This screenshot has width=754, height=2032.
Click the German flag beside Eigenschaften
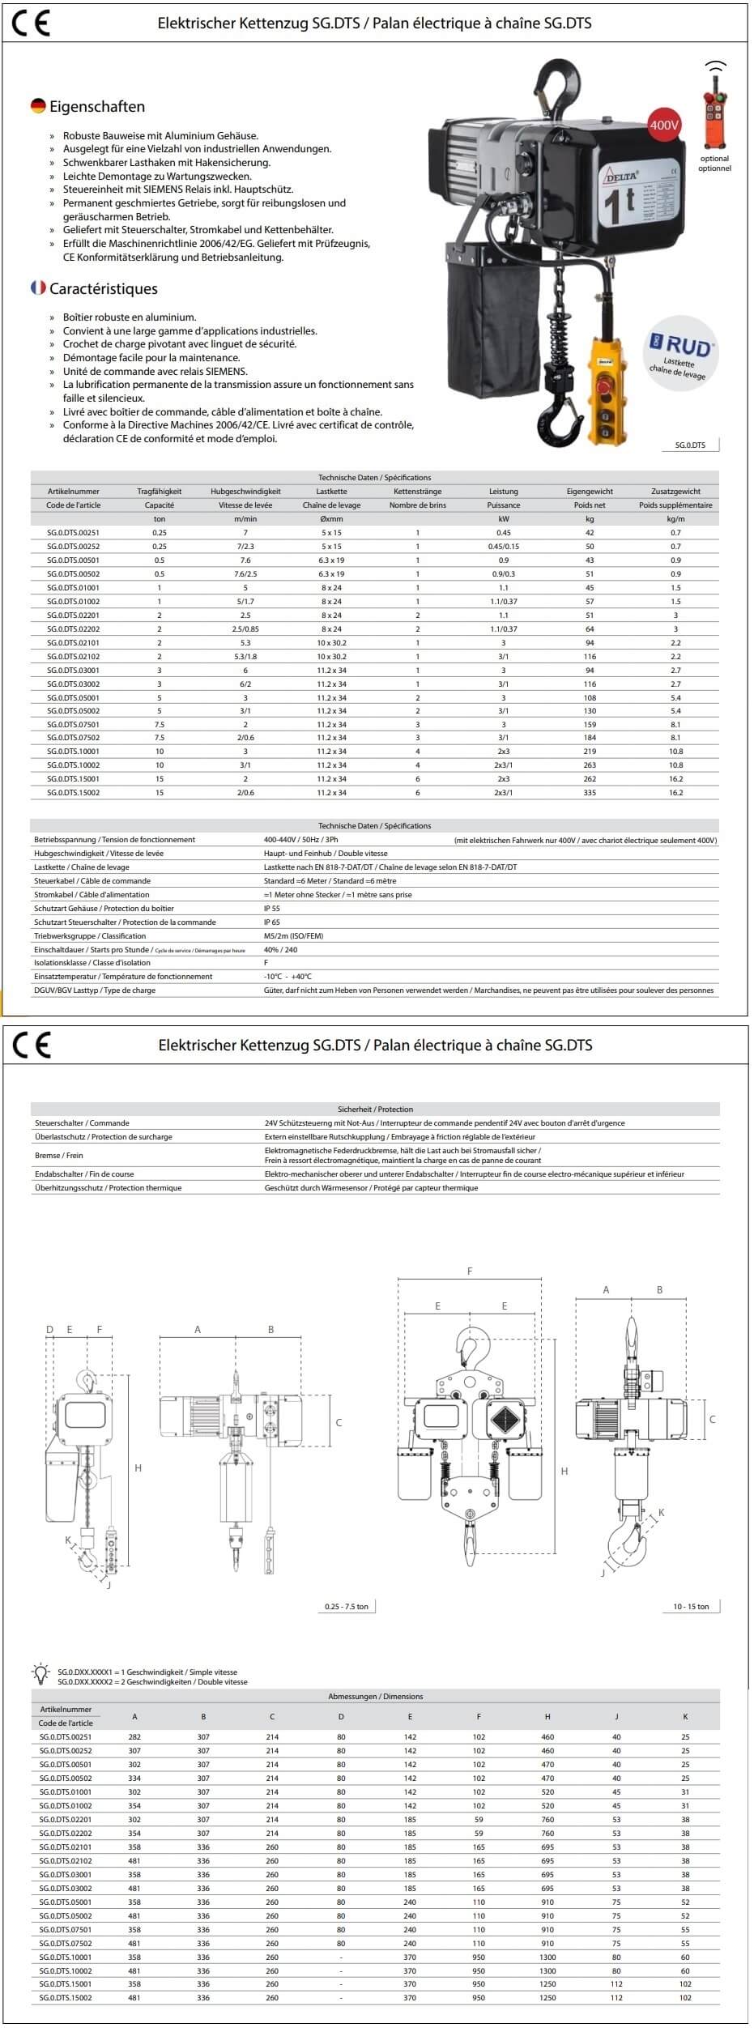pyautogui.click(x=38, y=106)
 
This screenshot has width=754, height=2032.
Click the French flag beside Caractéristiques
pyautogui.click(x=38, y=288)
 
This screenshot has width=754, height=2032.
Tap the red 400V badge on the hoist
pyautogui.click(x=664, y=126)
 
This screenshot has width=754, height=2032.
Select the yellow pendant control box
pyautogui.click(x=610, y=381)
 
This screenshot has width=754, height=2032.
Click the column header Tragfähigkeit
pyautogui.click(x=160, y=491)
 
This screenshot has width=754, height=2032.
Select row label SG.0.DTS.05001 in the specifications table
pyautogui.click(x=73, y=697)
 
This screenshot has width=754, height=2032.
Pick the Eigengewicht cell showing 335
pyautogui.click(x=590, y=793)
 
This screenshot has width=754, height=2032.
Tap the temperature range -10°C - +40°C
pyautogui.click(x=288, y=977)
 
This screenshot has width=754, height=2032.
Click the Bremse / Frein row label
pyautogui.click(x=59, y=1156)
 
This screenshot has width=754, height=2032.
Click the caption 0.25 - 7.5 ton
pyautogui.click(x=347, y=1607)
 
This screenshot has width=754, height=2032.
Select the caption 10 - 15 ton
pyautogui.click(x=691, y=1607)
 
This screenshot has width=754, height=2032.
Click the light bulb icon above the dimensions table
pyautogui.click(x=40, y=1672)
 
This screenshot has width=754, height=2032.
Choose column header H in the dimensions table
pyautogui.click(x=547, y=1717)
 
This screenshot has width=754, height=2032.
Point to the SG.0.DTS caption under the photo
pyautogui.click(x=690, y=445)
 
